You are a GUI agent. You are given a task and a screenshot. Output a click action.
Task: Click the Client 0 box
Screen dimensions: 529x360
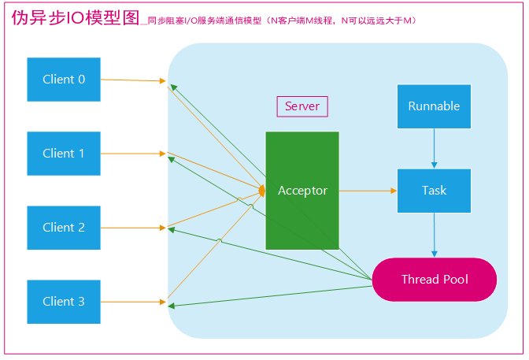[x=64, y=80]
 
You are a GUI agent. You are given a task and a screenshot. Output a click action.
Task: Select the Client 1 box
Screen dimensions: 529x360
[x=64, y=154]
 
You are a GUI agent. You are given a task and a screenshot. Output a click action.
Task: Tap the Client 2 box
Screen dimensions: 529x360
[x=64, y=228]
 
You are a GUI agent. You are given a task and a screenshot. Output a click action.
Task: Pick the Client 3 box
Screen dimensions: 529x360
[x=64, y=302]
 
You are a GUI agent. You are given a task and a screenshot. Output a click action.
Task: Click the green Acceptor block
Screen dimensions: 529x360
[x=302, y=191]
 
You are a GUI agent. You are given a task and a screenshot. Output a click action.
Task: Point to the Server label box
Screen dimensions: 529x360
[x=302, y=106]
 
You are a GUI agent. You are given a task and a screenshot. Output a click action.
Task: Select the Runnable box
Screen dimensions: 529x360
[x=435, y=106]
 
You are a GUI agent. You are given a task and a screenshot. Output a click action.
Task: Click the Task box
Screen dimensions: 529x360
[x=435, y=191]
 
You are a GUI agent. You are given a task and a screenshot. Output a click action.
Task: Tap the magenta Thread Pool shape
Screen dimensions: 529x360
[x=435, y=280]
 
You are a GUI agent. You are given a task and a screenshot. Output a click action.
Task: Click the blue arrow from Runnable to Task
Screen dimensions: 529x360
[x=435, y=149]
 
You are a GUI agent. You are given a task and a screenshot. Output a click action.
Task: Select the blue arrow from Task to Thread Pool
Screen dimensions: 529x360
[x=435, y=235]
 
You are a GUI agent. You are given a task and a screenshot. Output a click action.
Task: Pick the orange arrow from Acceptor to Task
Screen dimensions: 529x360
[x=368, y=191]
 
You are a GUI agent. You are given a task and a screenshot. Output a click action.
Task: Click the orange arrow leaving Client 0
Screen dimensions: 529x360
[x=133, y=80]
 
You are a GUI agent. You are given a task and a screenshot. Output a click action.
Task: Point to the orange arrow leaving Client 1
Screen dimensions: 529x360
[x=133, y=154]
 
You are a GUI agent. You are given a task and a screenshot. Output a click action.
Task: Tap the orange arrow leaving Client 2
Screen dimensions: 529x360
[x=133, y=228]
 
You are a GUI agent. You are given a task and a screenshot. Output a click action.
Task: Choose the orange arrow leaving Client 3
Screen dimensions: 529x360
[x=133, y=302]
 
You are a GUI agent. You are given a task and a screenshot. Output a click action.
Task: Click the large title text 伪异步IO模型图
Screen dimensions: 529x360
[x=76, y=17]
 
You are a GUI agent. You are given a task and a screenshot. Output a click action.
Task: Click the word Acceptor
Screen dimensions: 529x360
[x=302, y=191]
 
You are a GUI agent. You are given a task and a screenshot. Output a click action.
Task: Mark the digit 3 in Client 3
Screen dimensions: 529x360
[x=81, y=301]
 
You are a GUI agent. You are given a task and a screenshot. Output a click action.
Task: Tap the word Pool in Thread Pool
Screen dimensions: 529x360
[x=456, y=280]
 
